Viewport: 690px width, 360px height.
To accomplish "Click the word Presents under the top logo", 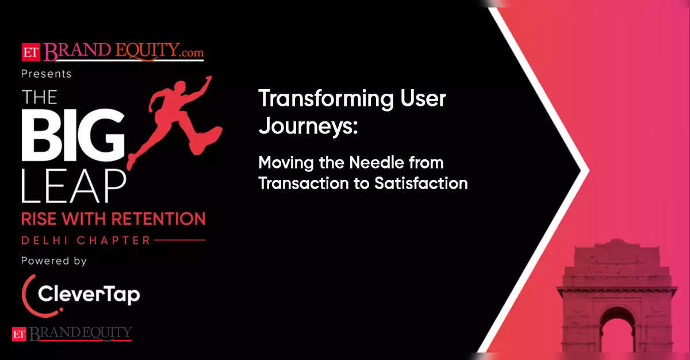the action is pos(47,74).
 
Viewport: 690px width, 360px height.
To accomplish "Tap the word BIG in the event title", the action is pos(74,135).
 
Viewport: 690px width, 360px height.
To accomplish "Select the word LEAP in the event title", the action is pos(74,186).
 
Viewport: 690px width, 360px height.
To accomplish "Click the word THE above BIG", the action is pos(39,97).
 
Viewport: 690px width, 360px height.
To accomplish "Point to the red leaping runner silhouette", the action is pos(175,120).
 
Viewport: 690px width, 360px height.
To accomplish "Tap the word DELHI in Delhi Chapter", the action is pos(45,240).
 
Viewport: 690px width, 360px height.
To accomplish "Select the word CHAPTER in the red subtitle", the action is pos(114,240).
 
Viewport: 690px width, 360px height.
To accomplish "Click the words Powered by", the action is pos(54,261).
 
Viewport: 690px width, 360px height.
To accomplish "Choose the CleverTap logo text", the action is pos(89,294).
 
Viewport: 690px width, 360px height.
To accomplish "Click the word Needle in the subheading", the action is pos(377,162).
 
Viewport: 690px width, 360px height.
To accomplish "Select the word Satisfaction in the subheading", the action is pos(421,183).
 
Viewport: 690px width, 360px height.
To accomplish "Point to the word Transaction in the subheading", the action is pos(304,183).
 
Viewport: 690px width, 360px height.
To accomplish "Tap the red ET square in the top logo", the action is pos(31,52).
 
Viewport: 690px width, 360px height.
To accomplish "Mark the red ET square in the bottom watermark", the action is pos(19,334).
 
